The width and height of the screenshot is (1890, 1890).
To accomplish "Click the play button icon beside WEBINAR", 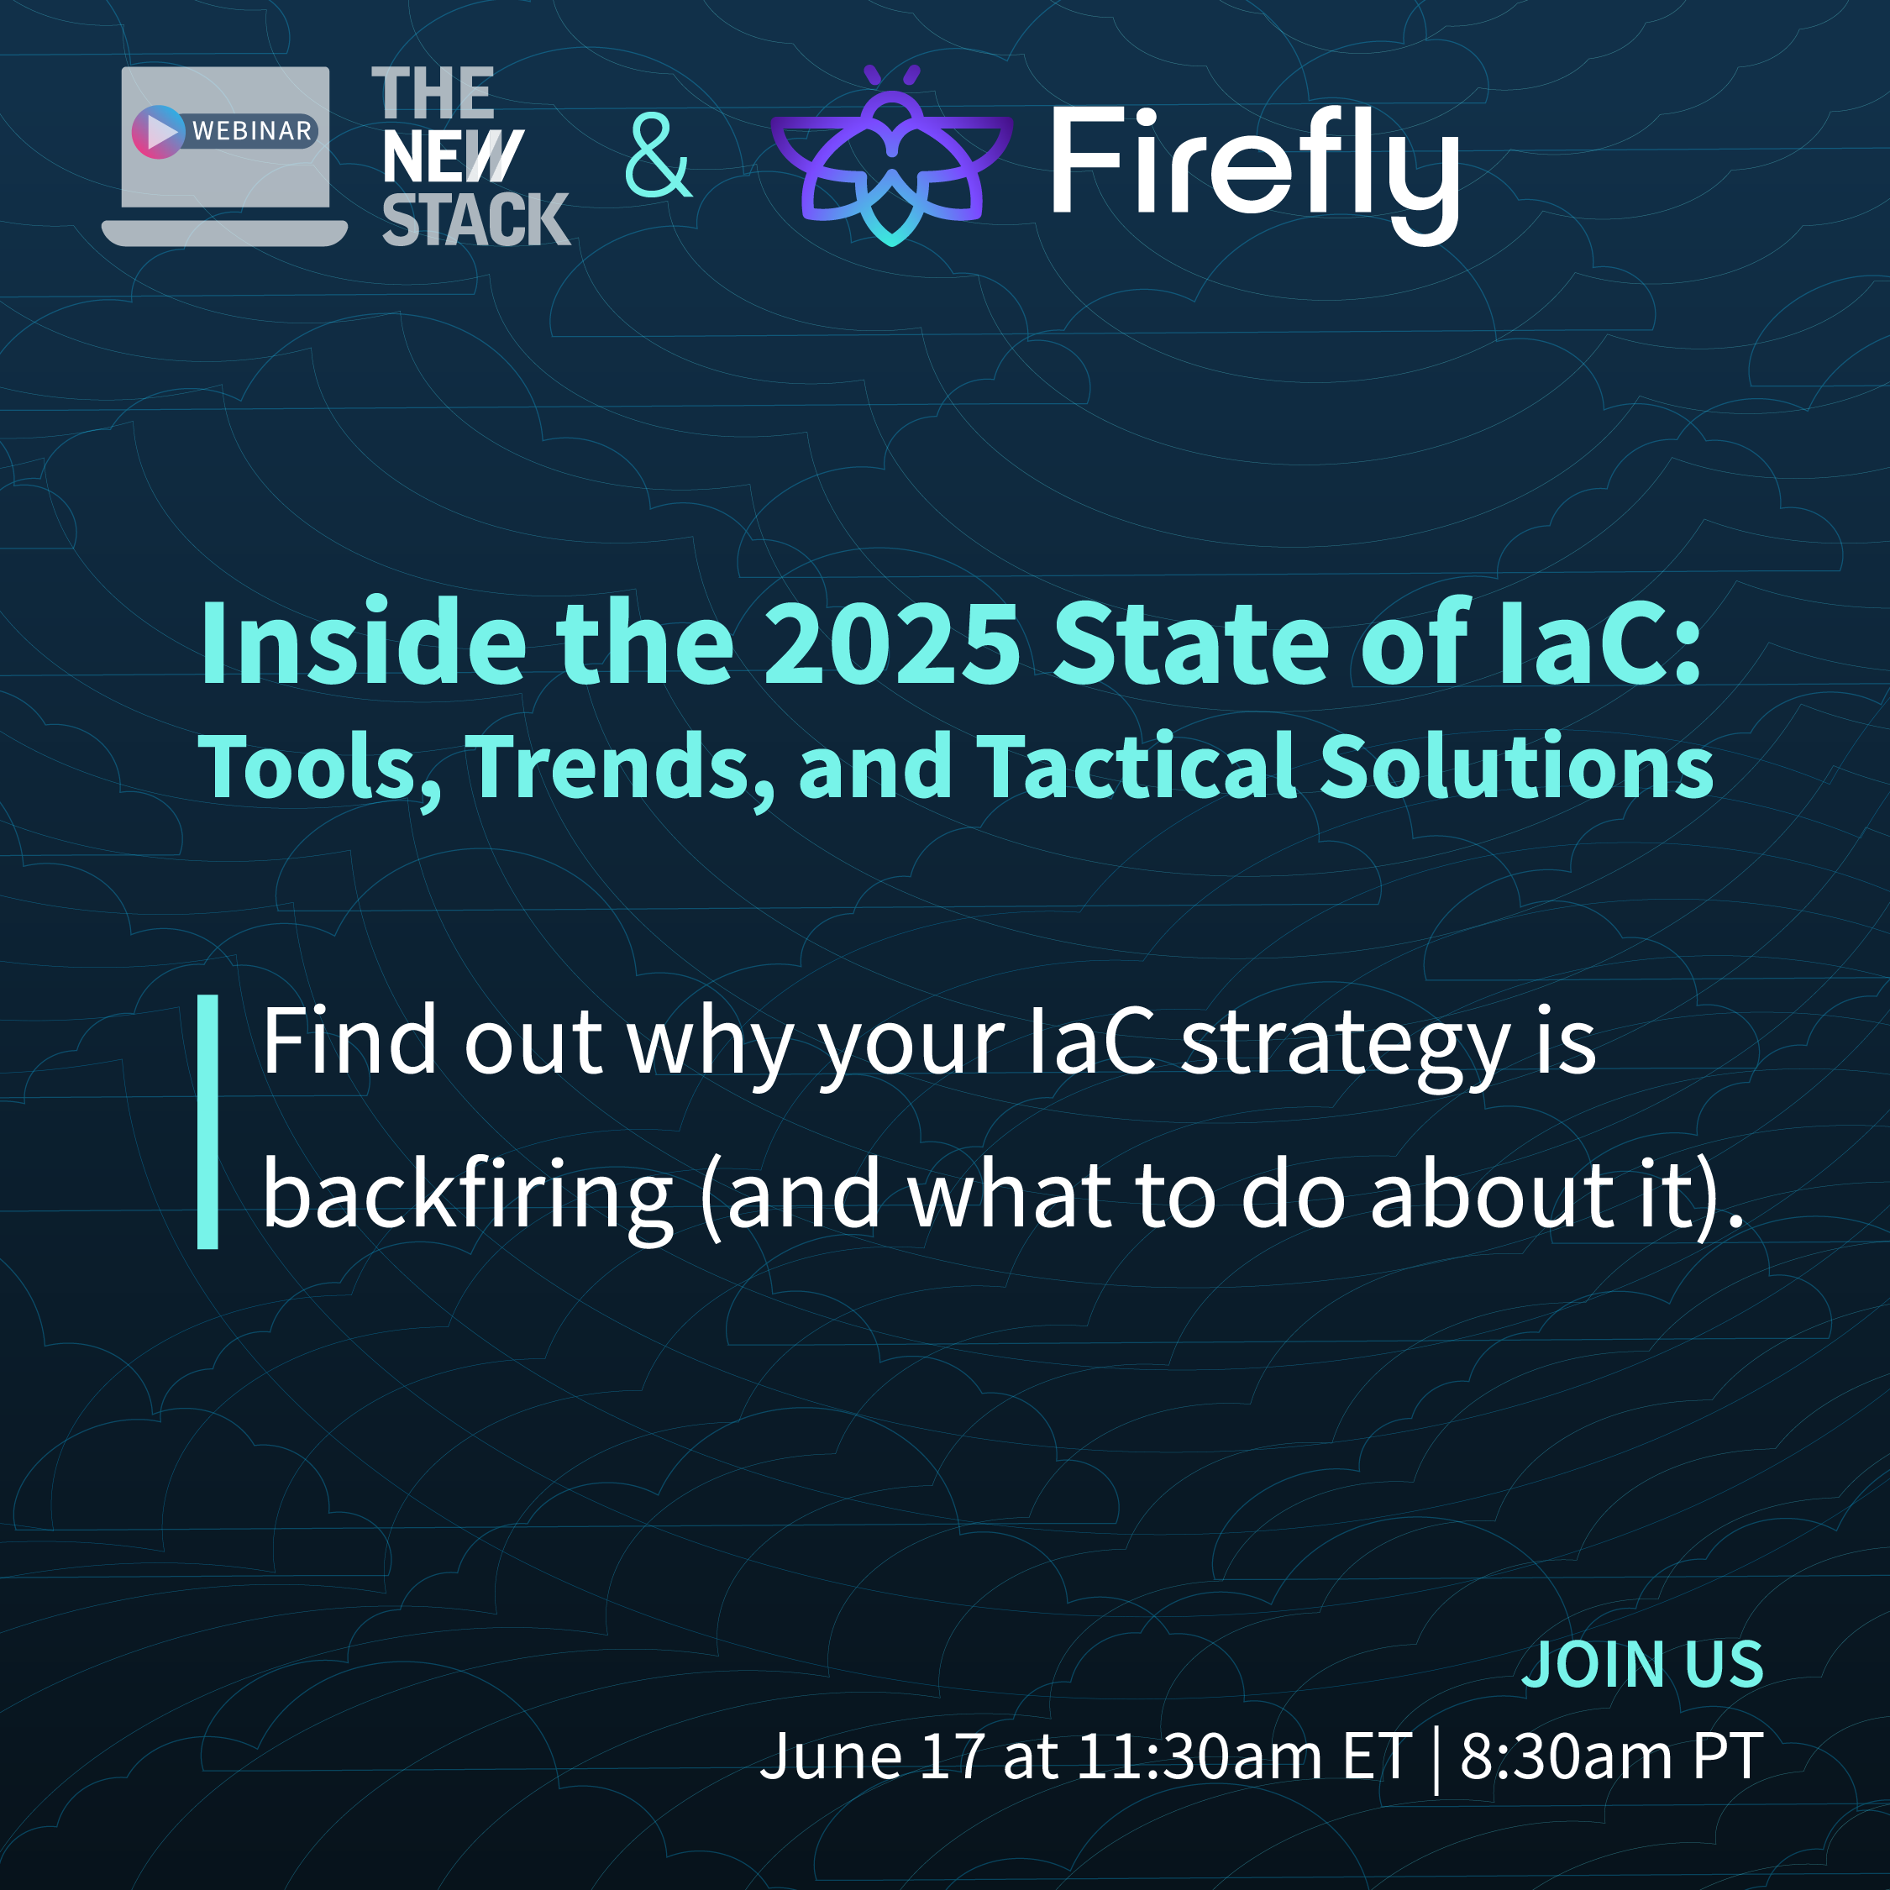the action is click(159, 131).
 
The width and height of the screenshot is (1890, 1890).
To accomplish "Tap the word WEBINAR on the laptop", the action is click(252, 131).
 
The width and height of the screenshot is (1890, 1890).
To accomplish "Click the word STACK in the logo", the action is click(476, 219).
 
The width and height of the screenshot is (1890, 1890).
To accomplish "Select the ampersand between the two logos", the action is click(659, 155).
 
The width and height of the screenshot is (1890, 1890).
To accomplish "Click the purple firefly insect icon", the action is click(891, 155).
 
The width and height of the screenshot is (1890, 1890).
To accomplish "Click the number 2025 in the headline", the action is click(892, 644).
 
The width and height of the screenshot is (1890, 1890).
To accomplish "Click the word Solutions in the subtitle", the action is click(1516, 766).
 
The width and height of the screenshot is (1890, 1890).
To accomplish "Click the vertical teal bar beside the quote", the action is click(207, 1122).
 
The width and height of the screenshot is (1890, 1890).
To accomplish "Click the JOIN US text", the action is click(1642, 1664).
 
